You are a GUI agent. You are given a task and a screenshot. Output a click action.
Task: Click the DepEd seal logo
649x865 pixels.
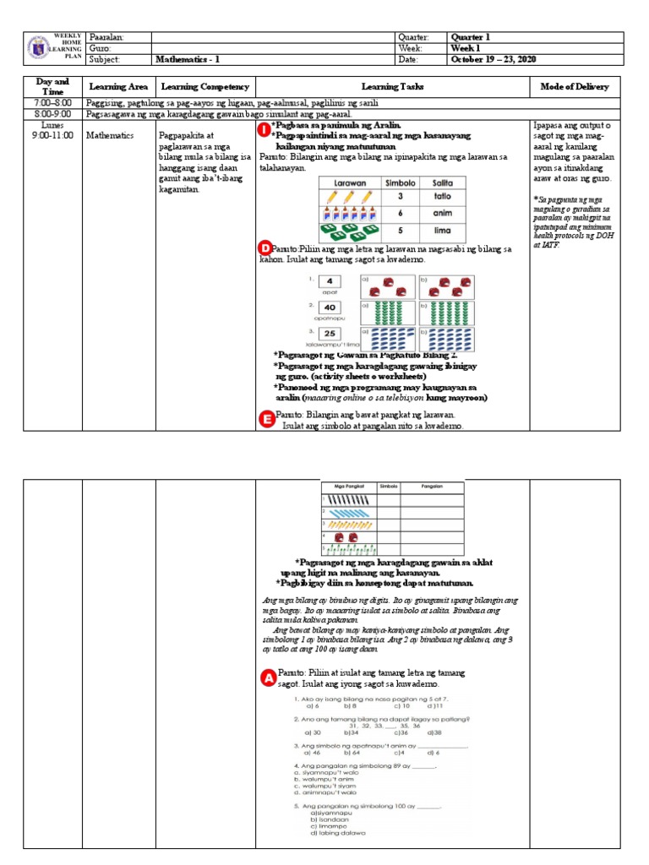37,48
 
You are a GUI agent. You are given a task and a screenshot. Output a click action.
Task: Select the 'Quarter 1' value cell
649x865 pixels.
470,37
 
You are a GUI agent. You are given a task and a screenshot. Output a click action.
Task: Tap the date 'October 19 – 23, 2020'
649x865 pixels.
494,59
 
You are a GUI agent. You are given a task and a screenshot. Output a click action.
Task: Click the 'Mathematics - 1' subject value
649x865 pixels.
188,59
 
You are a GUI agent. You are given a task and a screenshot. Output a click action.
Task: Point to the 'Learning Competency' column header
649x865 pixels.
205,87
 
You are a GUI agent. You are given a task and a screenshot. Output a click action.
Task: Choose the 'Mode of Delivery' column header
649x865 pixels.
575,87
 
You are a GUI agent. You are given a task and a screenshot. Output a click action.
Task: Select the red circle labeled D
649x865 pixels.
265,248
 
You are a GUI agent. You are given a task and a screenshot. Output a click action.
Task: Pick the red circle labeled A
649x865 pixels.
267,677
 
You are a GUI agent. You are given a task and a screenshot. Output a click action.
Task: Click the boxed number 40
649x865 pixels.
330,308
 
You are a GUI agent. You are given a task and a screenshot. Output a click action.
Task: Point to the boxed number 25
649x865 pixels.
330,335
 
